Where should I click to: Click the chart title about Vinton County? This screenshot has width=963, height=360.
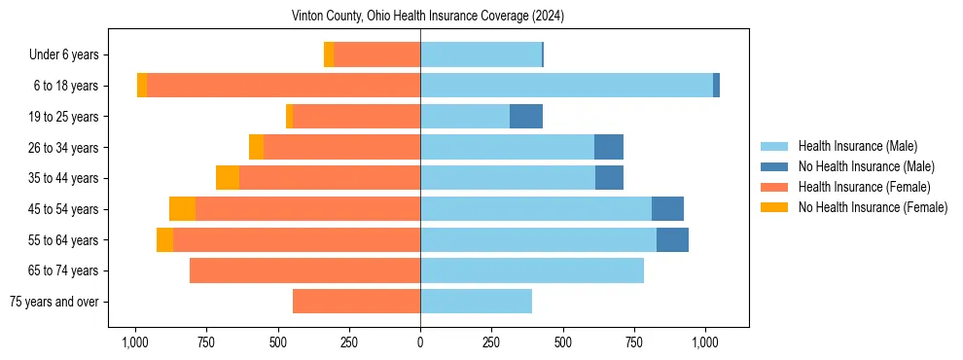tap(428, 17)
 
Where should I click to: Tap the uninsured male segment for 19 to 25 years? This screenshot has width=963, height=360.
tap(526, 117)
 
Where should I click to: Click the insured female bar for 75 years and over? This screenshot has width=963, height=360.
tap(356, 302)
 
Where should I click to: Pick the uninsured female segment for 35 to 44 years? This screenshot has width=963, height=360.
tap(228, 178)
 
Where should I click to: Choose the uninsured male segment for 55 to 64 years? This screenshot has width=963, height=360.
tap(672, 239)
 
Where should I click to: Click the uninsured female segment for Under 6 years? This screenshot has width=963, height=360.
tap(329, 54)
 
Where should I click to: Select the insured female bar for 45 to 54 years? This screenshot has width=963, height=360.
tap(307, 209)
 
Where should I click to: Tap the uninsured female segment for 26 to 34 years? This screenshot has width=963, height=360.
tap(256, 147)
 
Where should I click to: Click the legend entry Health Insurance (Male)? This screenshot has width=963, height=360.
tap(857, 146)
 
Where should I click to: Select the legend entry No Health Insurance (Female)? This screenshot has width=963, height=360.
tap(872, 207)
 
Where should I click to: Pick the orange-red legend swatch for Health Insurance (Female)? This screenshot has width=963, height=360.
tap(774, 187)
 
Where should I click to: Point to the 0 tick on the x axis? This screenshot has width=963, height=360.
tap(420, 342)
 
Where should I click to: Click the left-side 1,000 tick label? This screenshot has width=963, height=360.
tap(134, 342)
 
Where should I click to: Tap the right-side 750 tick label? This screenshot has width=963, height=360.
tap(634, 342)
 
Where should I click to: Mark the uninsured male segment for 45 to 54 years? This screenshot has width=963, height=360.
tap(667, 209)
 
